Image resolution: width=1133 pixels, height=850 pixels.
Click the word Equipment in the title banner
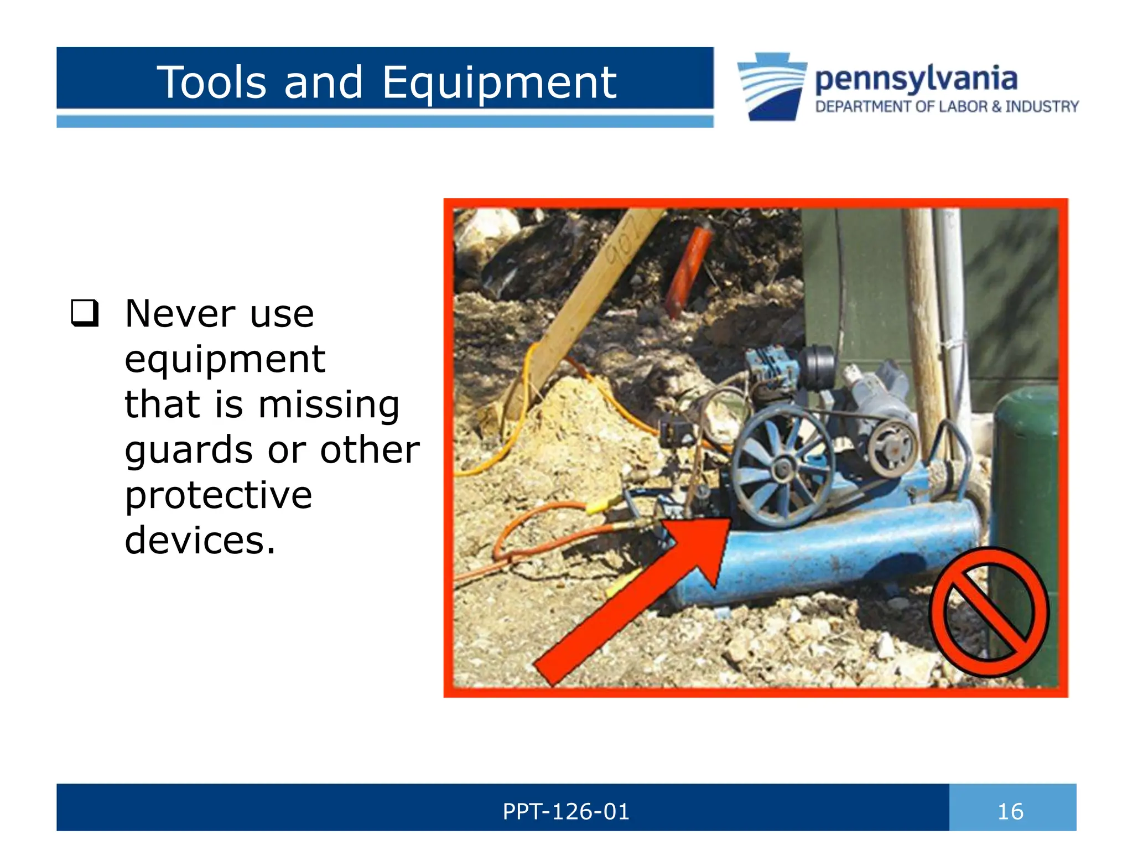499,83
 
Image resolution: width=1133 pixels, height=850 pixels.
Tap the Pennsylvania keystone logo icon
772,86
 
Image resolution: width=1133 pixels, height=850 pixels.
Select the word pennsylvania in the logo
916,79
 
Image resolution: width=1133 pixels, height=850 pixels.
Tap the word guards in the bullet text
188,450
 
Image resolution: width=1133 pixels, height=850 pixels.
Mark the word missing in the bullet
329,405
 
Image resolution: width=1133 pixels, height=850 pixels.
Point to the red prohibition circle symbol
989,611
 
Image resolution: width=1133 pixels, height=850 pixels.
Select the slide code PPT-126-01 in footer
566,812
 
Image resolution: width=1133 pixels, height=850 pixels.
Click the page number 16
1010,812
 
